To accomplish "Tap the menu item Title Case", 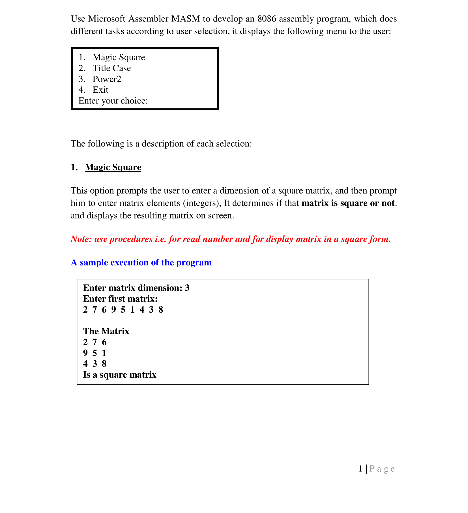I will click(112, 68).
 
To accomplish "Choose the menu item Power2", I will click(107, 79).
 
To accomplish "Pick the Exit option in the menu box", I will click(100, 90).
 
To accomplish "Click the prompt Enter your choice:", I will click(113, 101).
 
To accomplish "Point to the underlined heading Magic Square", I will click(113, 167).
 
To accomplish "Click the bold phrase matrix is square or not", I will click(348, 203).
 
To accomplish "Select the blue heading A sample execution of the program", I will click(141, 263).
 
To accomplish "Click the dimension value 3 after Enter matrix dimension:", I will click(187, 288).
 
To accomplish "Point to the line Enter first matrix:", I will click(120, 299).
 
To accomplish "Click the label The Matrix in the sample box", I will click(106, 331).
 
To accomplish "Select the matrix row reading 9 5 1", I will click(95, 353).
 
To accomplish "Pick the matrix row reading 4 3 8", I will click(95, 364).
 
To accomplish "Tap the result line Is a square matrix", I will click(120, 375).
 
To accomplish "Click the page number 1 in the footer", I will click(360, 469).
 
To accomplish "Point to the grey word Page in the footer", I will click(382, 469).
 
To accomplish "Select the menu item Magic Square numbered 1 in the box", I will click(119, 57).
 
